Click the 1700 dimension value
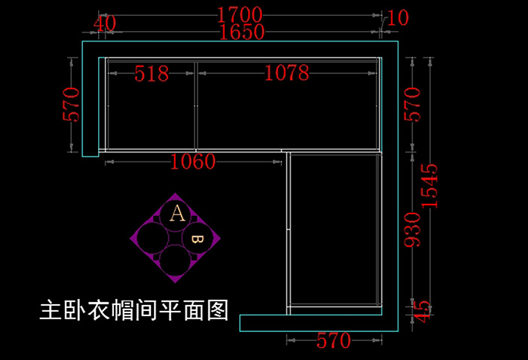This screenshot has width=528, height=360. [x=239, y=14]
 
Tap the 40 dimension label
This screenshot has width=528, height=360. [x=105, y=23]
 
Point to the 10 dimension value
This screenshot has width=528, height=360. [x=397, y=18]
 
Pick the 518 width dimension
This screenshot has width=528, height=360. [x=152, y=73]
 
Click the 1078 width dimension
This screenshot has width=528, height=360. [x=287, y=73]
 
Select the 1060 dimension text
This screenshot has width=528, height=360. [x=193, y=162]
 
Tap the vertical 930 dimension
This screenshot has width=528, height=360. [x=412, y=229]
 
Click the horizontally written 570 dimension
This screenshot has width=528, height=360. [x=333, y=341]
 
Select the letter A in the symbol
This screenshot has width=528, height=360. [x=177, y=213]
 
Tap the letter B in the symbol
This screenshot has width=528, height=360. [x=197, y=239]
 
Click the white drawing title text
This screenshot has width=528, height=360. [x=134, y=310]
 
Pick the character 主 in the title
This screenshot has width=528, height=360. [x=51, y=310]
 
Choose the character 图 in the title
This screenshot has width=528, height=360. [x=217, y=310]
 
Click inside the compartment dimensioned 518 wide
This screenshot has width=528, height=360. [x=151, y=113]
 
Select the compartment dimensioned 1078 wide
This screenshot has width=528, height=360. [x=287, y=113]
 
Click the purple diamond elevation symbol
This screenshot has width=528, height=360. [x=177, y=238]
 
